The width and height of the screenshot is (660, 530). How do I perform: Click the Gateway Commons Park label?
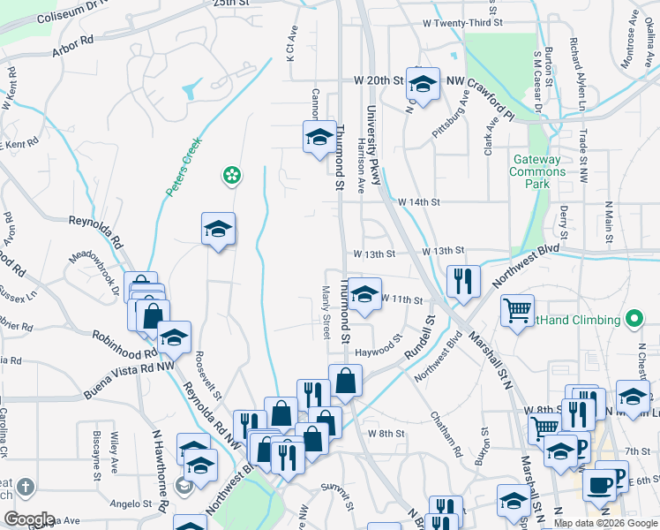pyautogui.click(x=537, y=172)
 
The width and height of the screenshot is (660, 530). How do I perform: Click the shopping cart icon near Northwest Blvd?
pyautogui.click(x=517, y=309)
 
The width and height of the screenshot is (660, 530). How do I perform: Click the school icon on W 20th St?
pyautogui.click(x=424, y=84)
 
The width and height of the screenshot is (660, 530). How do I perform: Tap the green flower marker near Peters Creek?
pyautogui.click(x=231, y=177)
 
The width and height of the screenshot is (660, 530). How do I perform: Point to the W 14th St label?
pyautogui.click(x=418, y=202)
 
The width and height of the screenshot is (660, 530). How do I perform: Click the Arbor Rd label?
pyautogui.click(x=72, y=46)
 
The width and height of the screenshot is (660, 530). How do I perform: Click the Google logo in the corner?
pyautogui.click(x=28, y=519)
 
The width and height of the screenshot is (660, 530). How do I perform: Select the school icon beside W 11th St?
pyautogui.click(x=364, y=295)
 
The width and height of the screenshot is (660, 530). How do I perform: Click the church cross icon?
pyautogui.click(x=25, y=488)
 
